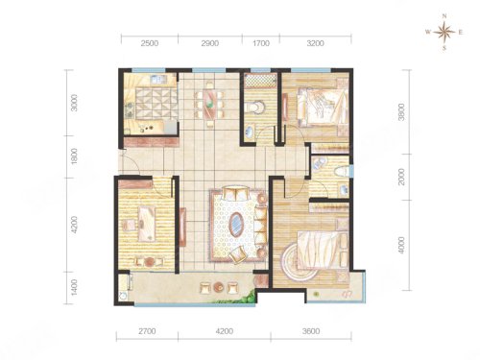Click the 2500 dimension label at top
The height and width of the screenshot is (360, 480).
(x=150, y=43)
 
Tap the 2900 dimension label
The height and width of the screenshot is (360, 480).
(x=210, y=43)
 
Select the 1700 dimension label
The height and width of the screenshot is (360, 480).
(x=261, y=43)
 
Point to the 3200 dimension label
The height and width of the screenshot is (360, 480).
(x=316, y=43)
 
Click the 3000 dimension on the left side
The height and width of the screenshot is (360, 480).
(x=74, y=103)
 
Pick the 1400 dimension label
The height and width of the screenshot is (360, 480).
(x=74, y=287)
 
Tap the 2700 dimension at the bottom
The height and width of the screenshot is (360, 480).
(x=147, y=331)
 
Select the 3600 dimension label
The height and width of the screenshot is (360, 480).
(x=311, y=331)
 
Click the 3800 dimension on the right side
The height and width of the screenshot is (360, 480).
(x=401, y=111)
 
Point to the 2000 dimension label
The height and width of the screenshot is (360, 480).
(x=401, y=177)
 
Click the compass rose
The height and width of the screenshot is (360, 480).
(x=444, y=32)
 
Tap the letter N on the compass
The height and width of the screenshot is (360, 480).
(x=444, y=16)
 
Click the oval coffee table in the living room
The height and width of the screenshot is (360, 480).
(x=237, y=225)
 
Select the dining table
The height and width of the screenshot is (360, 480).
(x=209, y=104)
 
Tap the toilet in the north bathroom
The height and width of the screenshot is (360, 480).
(x=255, y=108)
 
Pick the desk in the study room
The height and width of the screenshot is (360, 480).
(x=147, y=224)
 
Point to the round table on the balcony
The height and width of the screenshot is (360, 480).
(x=219, y=287)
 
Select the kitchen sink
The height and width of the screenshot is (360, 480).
(x=157, y=79)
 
